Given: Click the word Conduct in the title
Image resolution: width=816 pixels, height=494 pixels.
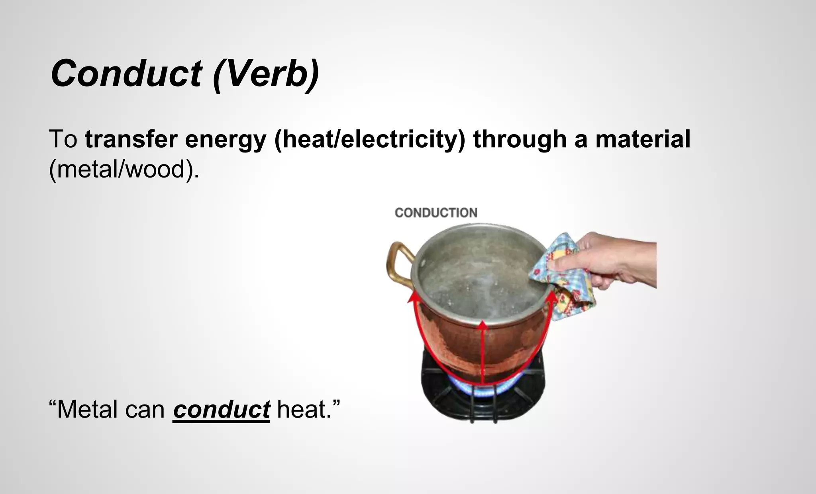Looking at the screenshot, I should [126, 74].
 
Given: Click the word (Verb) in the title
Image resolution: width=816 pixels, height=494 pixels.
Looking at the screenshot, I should [266, 74].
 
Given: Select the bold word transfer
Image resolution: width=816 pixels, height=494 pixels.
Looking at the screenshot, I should [131, 139].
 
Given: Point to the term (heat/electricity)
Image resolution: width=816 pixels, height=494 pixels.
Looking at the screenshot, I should [370, 140].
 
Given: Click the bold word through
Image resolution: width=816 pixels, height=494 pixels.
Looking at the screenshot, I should [520, 140].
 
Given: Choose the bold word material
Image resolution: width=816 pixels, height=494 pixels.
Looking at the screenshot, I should [643, 139].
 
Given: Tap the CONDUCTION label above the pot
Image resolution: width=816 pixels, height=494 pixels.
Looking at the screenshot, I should [436, 213].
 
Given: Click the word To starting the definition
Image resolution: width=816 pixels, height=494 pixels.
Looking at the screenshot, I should [63, 139].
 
